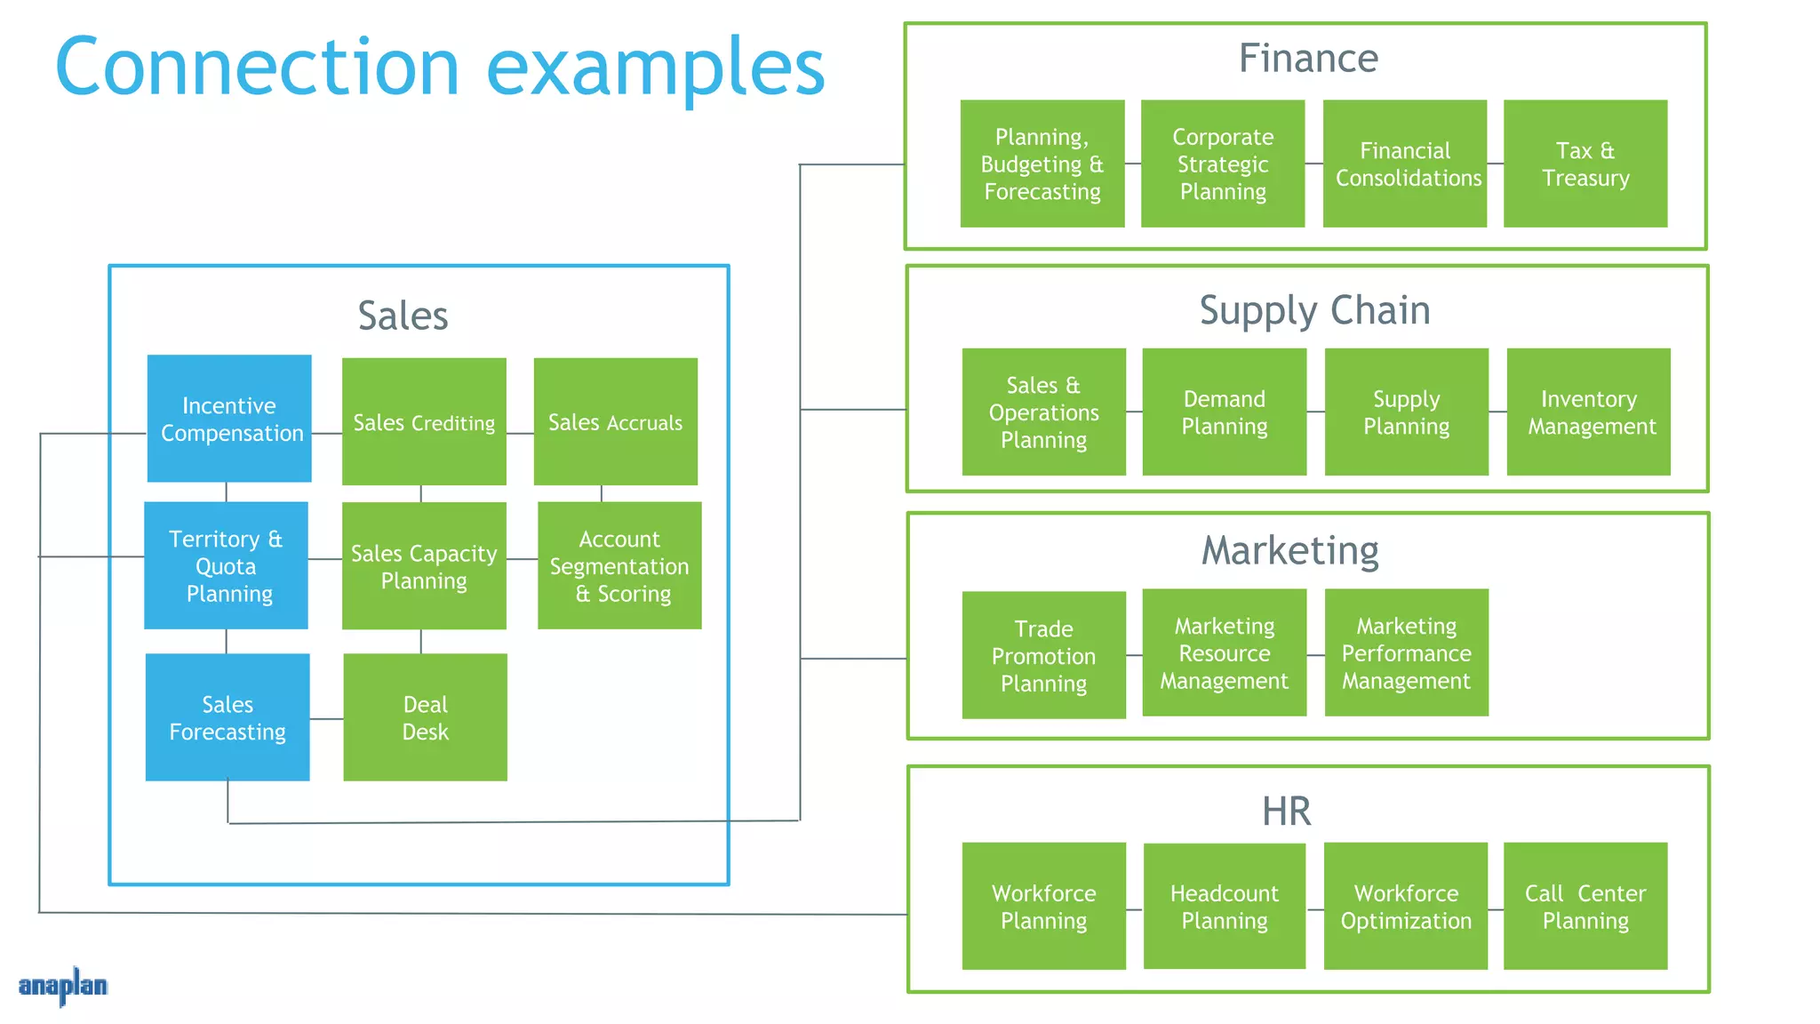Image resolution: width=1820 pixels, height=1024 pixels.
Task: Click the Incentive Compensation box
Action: tap(229, 419)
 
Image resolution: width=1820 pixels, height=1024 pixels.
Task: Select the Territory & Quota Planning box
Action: tap(226, 565)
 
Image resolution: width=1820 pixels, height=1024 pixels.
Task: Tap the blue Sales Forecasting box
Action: tap(227, 717)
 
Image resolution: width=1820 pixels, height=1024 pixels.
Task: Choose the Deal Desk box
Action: tap(425, 717)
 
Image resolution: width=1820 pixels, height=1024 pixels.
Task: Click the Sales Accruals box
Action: tap(615, 421)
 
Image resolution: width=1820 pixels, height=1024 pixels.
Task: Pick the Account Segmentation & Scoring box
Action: tap(619, 565)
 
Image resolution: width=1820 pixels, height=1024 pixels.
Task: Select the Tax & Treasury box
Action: tap(1585, 164)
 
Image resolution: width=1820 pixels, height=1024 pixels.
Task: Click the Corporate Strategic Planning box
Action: tap(1223, 164)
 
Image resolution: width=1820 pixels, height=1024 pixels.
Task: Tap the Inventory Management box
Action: tap(1588, 412)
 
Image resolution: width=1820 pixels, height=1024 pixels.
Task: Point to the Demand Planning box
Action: tap(1224, 412)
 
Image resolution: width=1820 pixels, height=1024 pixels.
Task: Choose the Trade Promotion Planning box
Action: tap(1043, 655)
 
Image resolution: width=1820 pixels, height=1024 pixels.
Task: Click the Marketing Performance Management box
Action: tap(1406, 652)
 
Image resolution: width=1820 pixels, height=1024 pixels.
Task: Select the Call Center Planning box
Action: tap(1585, 906)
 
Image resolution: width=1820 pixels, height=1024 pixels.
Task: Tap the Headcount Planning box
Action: tap(1224, 906)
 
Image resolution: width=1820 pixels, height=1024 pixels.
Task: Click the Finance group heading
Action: tap(1308, 59)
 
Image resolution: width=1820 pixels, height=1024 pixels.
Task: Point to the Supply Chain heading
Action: tap(1314, 310)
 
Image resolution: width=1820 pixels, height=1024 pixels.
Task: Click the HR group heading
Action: tap(1286, 811)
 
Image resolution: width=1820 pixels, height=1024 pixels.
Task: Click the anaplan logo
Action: tap(62, 986)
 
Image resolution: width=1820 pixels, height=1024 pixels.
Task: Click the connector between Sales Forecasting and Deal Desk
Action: tap(326, 718)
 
